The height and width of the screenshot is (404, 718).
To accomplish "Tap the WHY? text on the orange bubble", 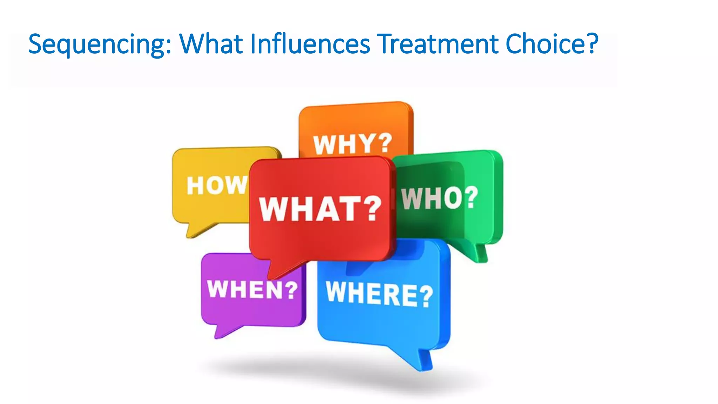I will [x=352, y=144].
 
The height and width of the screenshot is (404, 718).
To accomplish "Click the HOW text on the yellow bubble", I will [x=217, y=185].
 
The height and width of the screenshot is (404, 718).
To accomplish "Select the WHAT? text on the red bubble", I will [x=320, y=209].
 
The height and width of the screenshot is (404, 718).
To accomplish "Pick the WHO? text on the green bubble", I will [x=440, y=198].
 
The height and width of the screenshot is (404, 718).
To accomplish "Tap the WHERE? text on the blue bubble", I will [x=379, y=294].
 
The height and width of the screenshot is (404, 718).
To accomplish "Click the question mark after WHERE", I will [x=426, y=296].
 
